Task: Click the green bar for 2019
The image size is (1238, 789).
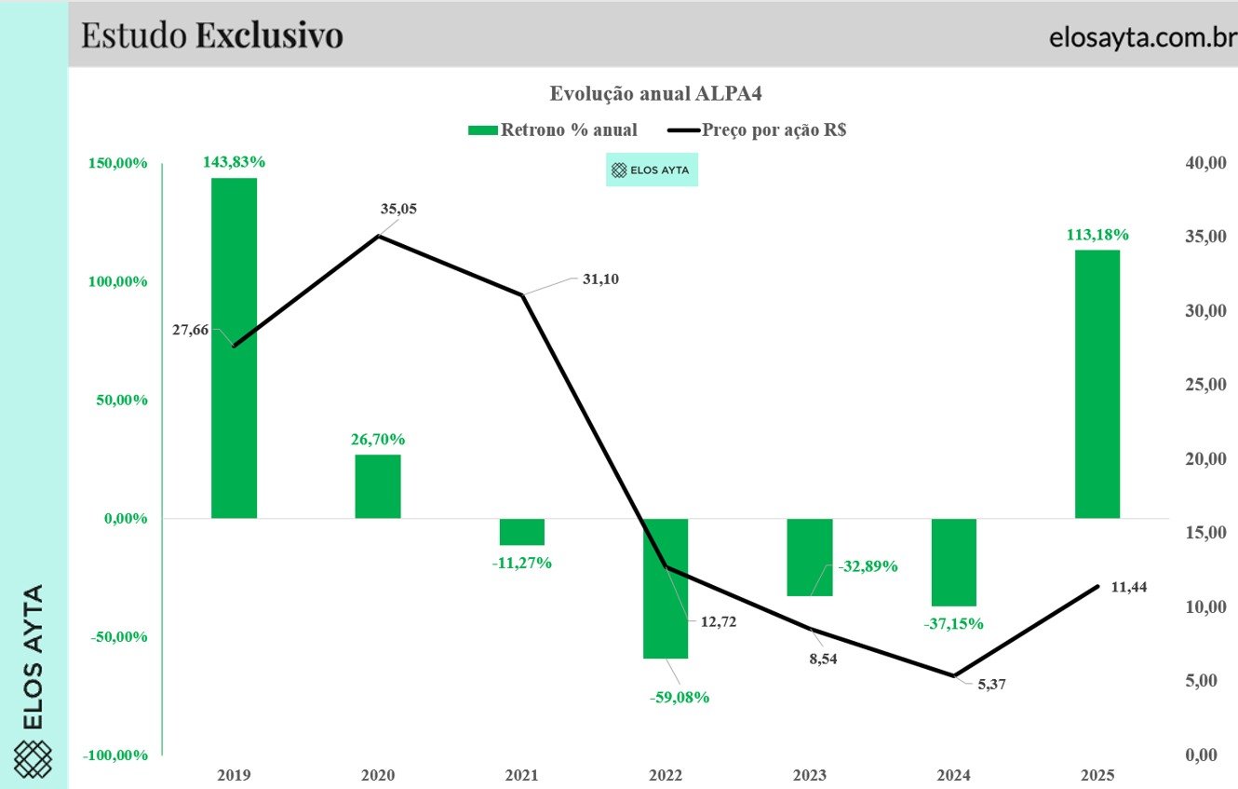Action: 234,347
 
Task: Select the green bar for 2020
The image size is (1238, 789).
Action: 378,486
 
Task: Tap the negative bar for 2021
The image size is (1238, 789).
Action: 521,532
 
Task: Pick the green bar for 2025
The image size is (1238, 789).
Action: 1097,385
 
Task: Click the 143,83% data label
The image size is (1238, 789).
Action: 234,161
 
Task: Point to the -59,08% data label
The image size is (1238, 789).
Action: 680,697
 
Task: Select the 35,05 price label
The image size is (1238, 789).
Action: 398,209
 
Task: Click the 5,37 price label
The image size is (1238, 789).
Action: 991,685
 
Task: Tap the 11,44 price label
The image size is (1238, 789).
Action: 1129,587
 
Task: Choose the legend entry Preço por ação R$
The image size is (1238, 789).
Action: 757,129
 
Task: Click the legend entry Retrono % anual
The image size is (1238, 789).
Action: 553,129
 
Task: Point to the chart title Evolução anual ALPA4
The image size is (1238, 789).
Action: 655,93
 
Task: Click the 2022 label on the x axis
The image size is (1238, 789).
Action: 666,775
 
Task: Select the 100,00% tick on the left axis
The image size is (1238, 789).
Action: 117,281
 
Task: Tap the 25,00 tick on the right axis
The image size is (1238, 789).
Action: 1205,385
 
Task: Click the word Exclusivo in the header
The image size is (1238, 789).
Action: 269,35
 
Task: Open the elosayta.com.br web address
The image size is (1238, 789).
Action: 1143,37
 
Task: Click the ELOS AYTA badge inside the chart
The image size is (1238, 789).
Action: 652,170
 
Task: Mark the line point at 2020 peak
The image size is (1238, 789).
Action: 378,236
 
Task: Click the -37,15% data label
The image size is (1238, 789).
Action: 953,624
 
